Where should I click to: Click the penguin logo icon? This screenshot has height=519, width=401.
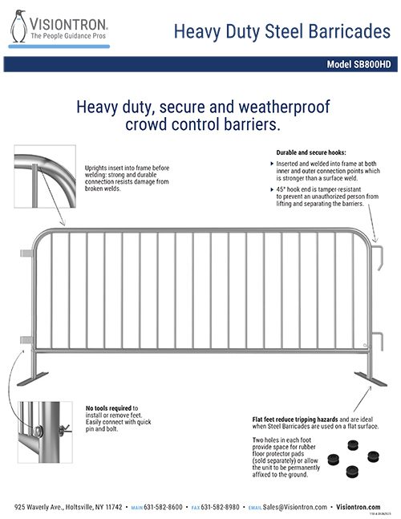coord(17,26)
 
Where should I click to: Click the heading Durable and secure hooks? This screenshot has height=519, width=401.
coord(310,152)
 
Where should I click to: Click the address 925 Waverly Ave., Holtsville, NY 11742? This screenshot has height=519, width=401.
coord(68,507)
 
